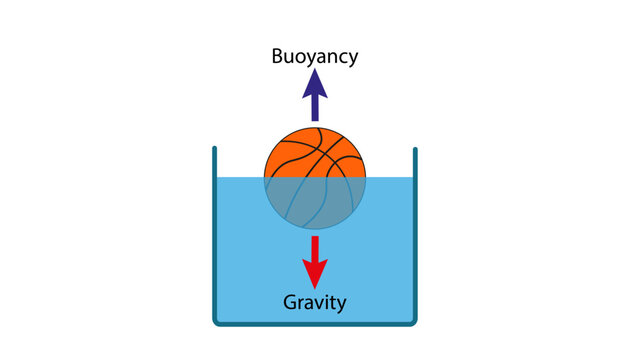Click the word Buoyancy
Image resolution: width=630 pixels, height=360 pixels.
tap(314, 55)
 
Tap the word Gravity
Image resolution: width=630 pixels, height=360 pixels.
tap(315, 301)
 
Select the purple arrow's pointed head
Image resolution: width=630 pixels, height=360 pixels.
tap(315, 82)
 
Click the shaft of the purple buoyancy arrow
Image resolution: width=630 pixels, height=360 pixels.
tap(315, 106)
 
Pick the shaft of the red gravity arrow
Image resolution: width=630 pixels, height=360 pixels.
tap(315, 247)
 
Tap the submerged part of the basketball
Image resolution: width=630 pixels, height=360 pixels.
tap(315, 204)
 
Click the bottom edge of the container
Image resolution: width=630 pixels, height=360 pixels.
tap(315, 323)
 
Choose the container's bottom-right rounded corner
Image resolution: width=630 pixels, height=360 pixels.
tap(412, 320)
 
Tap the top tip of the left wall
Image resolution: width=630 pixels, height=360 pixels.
tap(214, 150)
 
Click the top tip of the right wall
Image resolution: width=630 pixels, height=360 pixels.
tap(415, 150)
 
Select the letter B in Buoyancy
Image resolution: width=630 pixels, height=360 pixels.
tap(278, 55)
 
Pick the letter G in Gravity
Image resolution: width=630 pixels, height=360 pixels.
tap(290, 301)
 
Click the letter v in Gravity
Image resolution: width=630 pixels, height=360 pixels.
tap(321, 302)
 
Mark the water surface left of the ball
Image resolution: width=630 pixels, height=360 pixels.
tap(240, 179)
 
